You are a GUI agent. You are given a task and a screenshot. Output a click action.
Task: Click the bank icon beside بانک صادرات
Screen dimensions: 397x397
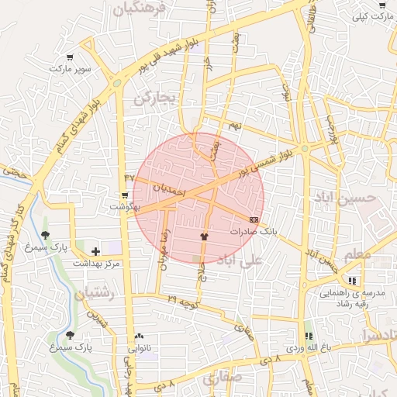tap(254, 220)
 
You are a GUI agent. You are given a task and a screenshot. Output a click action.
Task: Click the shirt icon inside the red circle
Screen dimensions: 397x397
tap(205, 236)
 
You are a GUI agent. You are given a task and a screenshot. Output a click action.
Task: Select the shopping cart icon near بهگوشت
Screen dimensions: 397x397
tap(125, 195)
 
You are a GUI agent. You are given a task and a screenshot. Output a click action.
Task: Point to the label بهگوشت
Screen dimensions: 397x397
tap(124, 207)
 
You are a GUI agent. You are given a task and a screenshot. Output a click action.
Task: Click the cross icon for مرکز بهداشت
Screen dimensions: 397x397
tap(95, 251)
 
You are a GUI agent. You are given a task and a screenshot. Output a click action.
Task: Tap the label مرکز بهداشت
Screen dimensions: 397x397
tap(97, 264)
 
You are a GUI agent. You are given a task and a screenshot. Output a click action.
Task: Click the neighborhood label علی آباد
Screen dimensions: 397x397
tap(241, 259)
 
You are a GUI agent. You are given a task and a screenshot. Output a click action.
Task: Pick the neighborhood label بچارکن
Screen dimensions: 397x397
tap(155, 98)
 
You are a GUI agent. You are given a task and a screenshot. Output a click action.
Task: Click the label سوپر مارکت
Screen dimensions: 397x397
tap(71, 69)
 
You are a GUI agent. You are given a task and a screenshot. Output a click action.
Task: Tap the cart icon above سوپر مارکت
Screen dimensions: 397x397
tap(71, 57)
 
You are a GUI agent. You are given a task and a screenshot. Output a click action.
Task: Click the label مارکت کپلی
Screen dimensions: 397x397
tap(370, 16)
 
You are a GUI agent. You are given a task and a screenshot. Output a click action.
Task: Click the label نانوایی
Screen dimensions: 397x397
tap(140, 348)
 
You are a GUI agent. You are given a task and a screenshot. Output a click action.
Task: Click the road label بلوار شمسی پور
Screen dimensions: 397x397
tap(267, 164)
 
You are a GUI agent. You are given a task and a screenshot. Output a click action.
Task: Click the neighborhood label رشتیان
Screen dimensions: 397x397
tap(95, 295)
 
